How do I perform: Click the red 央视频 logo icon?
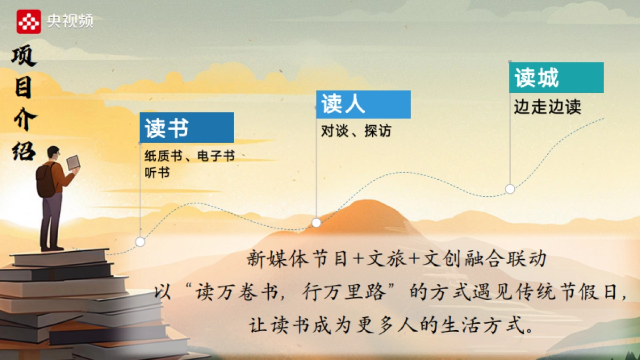[x=29, y=21]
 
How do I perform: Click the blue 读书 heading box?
[x=187, y=127]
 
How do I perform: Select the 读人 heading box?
[x=363, y=104]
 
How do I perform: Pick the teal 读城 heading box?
[x=556, y=77]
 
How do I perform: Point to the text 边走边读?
[x=547, y=107]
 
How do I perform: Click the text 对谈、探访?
[x=356, y=131]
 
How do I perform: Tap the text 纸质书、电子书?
[x=189, y=157]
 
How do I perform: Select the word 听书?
[x=157, y=173]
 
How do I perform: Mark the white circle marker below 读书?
[x=140, y=242]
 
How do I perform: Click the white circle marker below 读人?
[x=316, y=222]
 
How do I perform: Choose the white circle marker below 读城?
[x=510, y=188]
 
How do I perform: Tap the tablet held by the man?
[x=73, y=162]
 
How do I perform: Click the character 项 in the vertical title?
[x=23, y=57]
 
